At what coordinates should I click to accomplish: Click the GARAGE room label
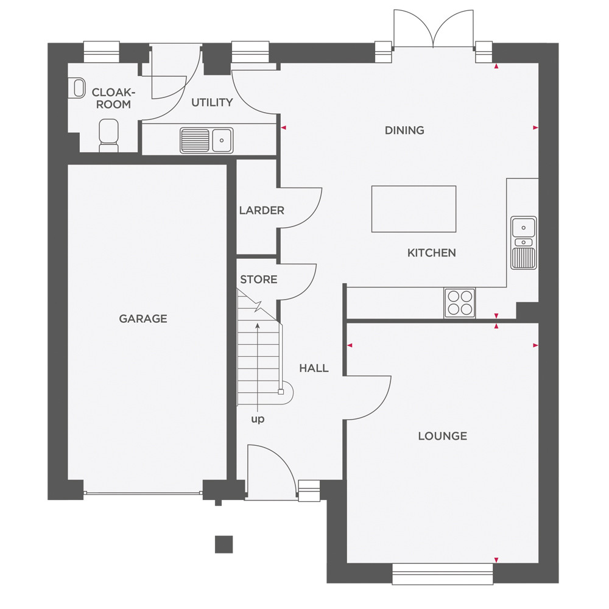click(143, 319)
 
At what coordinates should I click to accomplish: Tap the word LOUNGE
click(442, 436)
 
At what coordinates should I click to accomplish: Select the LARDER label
click(261, 211)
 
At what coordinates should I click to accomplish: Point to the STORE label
click(259, 280)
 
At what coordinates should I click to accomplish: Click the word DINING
click(404, 130)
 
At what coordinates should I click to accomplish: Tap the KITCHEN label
click(432, 253)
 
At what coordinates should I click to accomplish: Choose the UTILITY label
click(212, 102)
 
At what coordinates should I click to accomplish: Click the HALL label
click(314, 368)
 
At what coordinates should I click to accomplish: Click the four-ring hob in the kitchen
click(460, 303)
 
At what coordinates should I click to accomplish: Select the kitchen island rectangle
click(414, 209)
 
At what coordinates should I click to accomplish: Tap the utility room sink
click(206, 140)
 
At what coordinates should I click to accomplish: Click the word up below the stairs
click(258, 419)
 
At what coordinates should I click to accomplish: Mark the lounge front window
click(442, 573)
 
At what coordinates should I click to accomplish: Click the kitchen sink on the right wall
click(524, 243)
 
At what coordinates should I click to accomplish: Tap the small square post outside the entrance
click(224, 544)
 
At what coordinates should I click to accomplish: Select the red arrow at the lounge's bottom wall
click(496, 560)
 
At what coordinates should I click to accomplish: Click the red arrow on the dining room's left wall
click(284, 127)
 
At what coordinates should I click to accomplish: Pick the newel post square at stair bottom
click(281, 392)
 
